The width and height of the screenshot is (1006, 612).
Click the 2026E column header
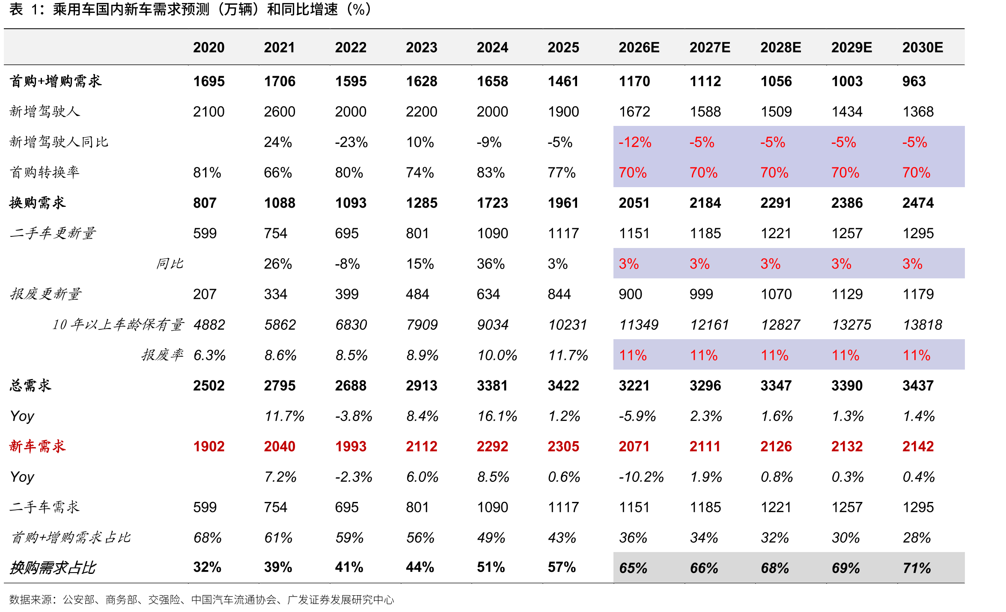[639, 47]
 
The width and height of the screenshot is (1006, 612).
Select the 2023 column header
[421, 47]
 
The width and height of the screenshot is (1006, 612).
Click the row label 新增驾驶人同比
[59, 142]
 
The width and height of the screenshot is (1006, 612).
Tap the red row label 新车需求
[38, 446]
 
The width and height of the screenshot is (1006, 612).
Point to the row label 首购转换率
[45, 172]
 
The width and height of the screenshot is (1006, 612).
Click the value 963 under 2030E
[914, 81]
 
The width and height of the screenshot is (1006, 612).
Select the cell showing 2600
[280, 111]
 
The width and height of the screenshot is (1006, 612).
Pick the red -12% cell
[635, 142]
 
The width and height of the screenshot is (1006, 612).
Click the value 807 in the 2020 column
[205, 203]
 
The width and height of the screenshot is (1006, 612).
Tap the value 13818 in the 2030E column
[923, 325]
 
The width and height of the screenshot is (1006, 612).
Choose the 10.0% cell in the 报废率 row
[497, 355]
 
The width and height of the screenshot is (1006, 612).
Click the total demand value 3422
[563, 385]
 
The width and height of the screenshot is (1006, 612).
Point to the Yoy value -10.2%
[641, 477]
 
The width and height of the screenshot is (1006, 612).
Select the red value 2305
[563, 446]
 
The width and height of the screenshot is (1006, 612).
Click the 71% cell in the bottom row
[917, 568]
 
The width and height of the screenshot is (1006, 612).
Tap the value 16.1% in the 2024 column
[497, 416]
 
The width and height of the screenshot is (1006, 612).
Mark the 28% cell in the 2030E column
[917, 537]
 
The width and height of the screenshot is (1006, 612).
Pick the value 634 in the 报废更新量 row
[488, 294]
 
